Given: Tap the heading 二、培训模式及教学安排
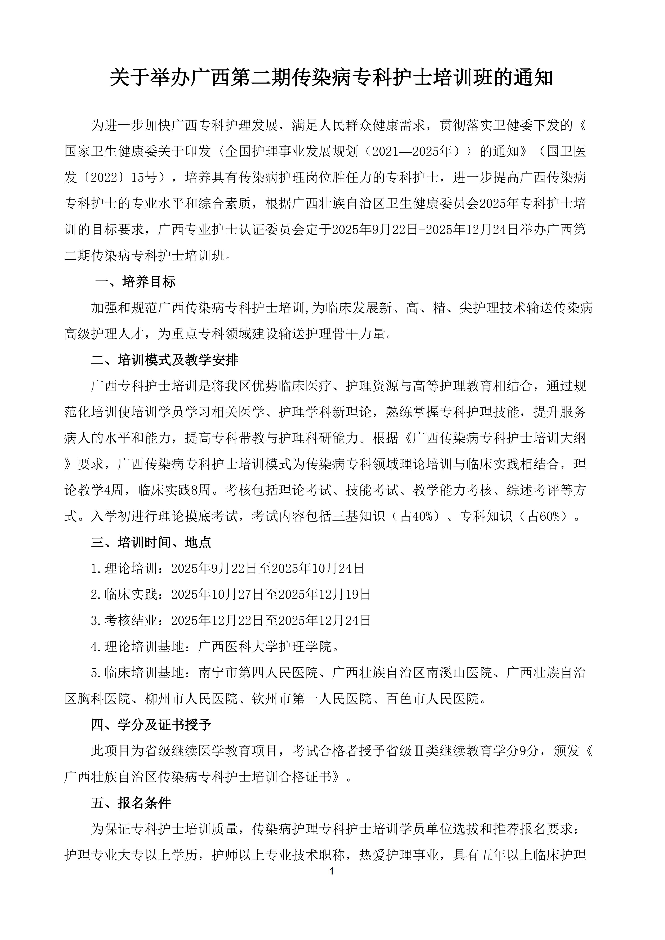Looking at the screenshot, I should click(165, 360).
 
